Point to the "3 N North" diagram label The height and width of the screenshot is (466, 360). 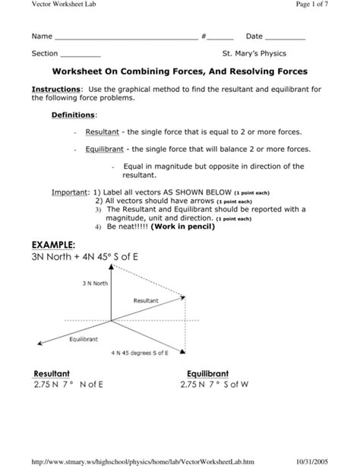coord(95,284)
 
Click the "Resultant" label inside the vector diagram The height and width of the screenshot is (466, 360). coord(145,301)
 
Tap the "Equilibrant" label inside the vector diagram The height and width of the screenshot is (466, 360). coord(84,338)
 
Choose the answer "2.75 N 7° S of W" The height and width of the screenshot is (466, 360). coord(215,385)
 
